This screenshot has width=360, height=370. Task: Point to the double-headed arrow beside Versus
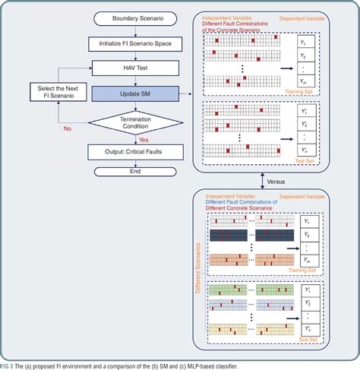click(262, 182)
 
